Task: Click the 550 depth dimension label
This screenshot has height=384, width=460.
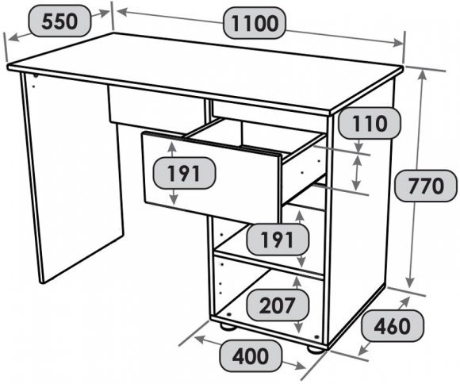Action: tap(59, 21)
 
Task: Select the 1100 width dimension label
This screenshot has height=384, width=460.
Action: tap(255, 23)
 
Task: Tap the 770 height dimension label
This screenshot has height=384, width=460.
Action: tap(426, 186)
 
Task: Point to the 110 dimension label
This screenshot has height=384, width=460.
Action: tap(370, 124)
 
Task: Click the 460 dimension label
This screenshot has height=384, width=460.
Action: tap(393, 326)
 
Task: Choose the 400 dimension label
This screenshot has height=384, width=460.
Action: tap(251, 355)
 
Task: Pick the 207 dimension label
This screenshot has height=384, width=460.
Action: tap(278, 305)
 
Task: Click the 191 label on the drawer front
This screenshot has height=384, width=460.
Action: tap(184, 173)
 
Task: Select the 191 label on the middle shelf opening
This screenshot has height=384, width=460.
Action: tap(278, 240)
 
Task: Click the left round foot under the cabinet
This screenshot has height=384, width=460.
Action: tap(228, 326)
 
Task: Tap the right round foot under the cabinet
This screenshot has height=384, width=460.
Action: tap(315, 349)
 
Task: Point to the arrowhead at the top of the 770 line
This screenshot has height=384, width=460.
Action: tap(422, 75)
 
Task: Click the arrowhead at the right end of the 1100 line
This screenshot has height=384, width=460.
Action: tap(398, 43)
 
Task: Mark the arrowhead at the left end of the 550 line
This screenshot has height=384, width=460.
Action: tap(13, 37)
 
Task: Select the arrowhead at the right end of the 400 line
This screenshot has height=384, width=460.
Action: tap(300, 366)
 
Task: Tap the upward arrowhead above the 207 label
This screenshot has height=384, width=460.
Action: tap(297, 282)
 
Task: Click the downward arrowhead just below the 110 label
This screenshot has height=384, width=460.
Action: tap(359, 147)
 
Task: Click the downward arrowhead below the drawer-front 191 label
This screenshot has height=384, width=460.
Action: tap(174, 199)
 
